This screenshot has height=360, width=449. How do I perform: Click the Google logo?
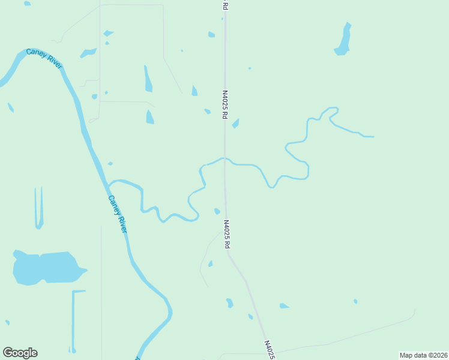(20, 353)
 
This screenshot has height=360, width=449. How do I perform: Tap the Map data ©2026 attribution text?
(423, 355)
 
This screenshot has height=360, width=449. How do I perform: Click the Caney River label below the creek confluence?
(118, 214)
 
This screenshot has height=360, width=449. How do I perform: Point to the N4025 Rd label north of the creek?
(224, 104)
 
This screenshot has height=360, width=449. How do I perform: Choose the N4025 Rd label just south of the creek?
(227, 235)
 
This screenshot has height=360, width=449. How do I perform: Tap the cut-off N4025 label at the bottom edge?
(270, 350)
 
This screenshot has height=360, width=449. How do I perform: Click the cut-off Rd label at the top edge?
(224, 5)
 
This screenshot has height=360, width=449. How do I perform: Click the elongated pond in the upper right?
(344, 40)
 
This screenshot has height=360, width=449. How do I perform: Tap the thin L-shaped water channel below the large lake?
(74, 318)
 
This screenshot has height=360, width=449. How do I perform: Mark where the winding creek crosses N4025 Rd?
(224, 158)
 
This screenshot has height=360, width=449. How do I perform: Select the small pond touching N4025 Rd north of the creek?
(236, 123)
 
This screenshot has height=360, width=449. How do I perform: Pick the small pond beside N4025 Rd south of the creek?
(217, 211)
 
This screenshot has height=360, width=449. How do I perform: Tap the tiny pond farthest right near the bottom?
(355, 301)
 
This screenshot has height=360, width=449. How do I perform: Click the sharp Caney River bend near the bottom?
(169, 312)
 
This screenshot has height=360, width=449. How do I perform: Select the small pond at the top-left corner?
(28, 4)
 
